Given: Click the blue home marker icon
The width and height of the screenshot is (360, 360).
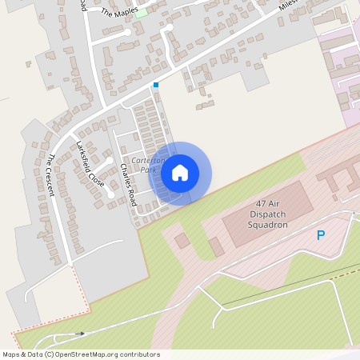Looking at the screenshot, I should pyautogui.click(x=180, y=173).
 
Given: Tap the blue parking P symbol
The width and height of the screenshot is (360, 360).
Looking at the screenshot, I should pyautogui.click(x=321, y=236).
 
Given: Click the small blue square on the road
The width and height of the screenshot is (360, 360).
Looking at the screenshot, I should pyautogui.click(x=156, y=85).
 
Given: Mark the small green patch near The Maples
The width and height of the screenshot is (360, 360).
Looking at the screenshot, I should pyautogui.click(x=142, y=13).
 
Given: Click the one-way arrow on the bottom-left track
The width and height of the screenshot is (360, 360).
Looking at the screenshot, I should pyautogui.click(x=79, y=333).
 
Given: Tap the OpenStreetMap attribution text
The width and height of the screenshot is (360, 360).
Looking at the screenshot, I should pyautogui.click(x=81, y=354).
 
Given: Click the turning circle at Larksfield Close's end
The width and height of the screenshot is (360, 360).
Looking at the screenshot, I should pyautogui.click(x=110, y=194).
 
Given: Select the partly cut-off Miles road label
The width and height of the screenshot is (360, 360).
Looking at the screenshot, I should pyautogui.click(x=288, y=5).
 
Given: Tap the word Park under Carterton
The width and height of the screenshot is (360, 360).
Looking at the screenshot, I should pyautogui.click(x=146, y=170).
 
